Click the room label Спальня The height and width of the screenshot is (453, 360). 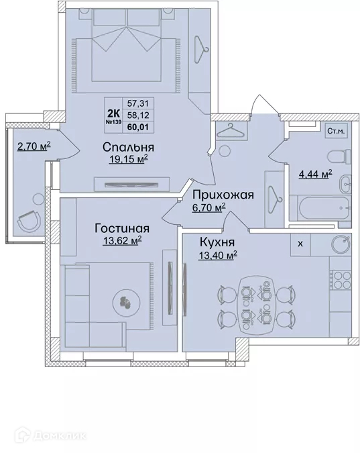(x=128, y=148)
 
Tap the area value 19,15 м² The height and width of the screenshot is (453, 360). (x=129, y=158)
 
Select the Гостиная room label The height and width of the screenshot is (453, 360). (x=122, y=229)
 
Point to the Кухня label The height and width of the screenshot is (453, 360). (x=217, y=242)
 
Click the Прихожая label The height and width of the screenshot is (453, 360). (x=223, y=195)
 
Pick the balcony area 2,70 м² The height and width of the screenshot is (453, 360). (x=34, y=146)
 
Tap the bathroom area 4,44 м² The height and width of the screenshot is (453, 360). (x=315, y=174)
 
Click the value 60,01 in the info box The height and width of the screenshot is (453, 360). (x=138, y=127)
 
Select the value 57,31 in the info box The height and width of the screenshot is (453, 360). (x=138, y=103)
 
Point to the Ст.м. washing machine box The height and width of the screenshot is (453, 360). (x=336, y=132)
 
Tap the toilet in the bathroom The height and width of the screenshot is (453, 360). (x=339, y=156)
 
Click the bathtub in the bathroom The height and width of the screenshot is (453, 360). (x=324, y=208)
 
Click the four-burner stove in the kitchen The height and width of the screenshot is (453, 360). (x=341, y=279)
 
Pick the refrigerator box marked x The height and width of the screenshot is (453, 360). (x=300, y=244)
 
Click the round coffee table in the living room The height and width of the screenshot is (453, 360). (x=126, y=303)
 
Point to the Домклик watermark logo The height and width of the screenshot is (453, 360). (x=50, y=435)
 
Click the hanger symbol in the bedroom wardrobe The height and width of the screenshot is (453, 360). (x=200, y=49)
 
